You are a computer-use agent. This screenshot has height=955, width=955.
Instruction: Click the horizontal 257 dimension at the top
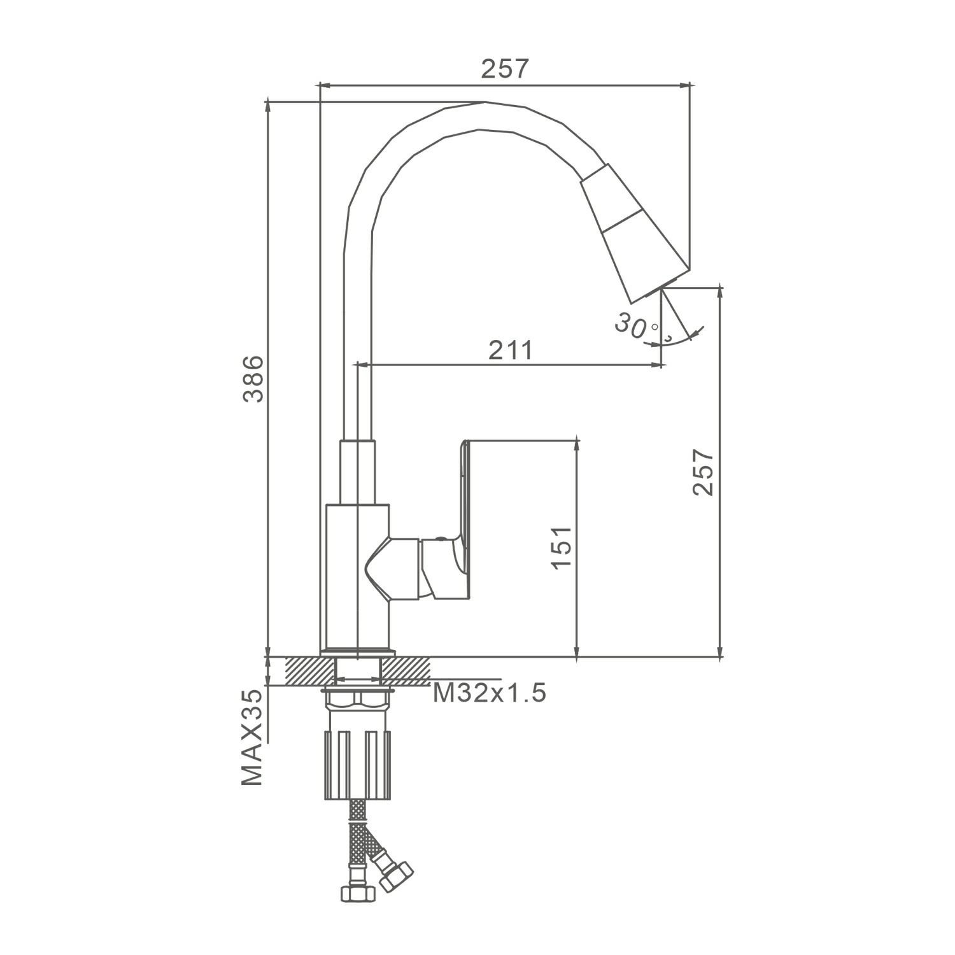point(505,69)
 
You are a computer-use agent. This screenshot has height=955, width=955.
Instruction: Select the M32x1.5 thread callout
point(489,693)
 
